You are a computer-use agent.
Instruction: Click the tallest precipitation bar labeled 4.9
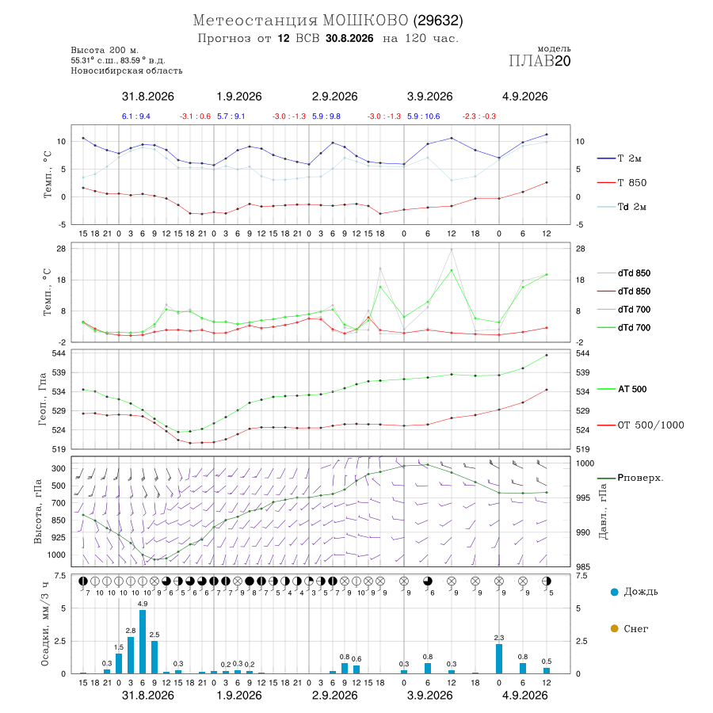click(143, 642)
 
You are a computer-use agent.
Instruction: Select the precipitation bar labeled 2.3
click(499, 658)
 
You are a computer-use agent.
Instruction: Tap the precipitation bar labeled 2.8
click(131, 655)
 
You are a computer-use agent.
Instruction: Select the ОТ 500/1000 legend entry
click(640, 425)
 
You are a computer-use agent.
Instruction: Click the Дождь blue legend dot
click(614, 592)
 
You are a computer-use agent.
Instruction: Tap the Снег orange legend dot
click(614, 628)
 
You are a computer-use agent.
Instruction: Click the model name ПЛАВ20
click(540, 61)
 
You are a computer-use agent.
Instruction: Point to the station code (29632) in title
click(438, 21)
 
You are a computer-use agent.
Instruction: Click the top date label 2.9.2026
click(334, 97)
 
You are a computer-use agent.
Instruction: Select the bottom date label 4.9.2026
click(524, 696)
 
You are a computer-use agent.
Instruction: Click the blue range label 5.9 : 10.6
click(423, 116)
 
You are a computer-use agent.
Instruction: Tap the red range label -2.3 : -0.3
click(479, 116)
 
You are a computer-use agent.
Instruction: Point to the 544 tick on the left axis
click(60, 353)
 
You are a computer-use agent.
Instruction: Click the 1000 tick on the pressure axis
click(585, 463)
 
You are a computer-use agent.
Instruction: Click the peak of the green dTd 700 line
click(452, 271)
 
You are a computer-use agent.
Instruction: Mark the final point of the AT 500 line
click(547, 355)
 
